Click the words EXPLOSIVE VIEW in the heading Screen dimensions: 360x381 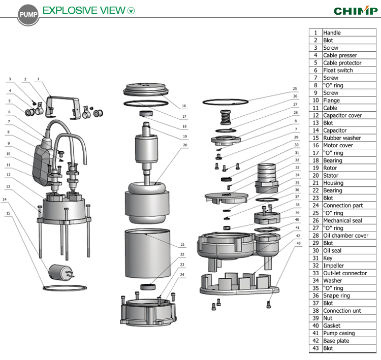(84, 10)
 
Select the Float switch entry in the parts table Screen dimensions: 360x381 (338, 70)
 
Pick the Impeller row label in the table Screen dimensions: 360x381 (333, 266)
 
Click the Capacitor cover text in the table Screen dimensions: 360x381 (342, 115)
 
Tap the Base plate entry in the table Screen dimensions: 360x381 (336, 341)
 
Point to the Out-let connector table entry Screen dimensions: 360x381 (345, 273)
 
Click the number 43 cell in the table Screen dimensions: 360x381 (315, 348)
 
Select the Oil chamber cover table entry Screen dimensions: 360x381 (346, 236)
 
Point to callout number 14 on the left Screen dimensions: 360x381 (5, 200)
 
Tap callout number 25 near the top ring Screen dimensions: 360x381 (295, 88)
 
